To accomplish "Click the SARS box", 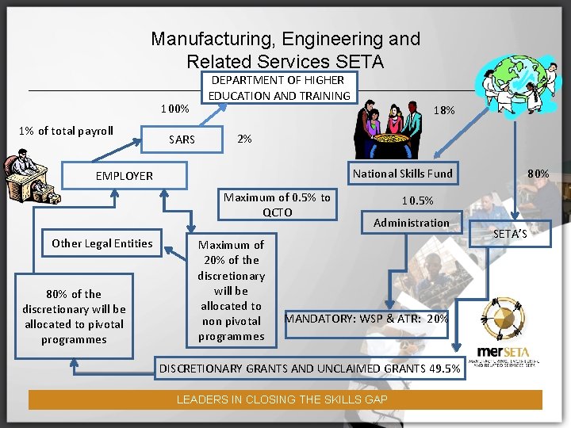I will (182, 139).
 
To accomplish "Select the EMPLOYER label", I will (125, 176).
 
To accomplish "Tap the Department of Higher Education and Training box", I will (279, 87).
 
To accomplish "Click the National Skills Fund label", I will (402, 174).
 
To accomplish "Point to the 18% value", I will (444, 110).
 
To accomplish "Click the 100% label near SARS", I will (174, 108).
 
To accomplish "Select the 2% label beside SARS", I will (245, 139).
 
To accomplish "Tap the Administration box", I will (411, 223).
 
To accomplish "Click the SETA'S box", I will (509, 234).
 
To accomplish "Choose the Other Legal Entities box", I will (102, 243).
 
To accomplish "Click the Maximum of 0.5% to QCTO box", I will (277, 204).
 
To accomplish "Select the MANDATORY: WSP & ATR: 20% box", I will (366, 319).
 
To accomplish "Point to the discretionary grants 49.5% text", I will (309, 369).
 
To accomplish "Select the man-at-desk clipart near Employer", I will (26, 178).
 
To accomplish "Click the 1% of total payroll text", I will (63, 131).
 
